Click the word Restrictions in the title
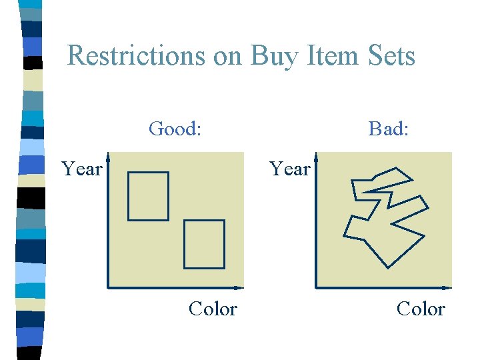137,55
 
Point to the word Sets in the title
389,55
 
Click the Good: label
175,128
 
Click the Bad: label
389,128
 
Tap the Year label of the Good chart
81,169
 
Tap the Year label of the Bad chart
289,169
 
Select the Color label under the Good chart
213,309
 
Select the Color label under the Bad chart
421,309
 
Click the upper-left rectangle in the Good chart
148,196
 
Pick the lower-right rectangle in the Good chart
204,244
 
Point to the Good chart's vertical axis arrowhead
108,158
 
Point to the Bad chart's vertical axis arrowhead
316,158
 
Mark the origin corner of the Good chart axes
108,288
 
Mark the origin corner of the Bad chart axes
316,288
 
